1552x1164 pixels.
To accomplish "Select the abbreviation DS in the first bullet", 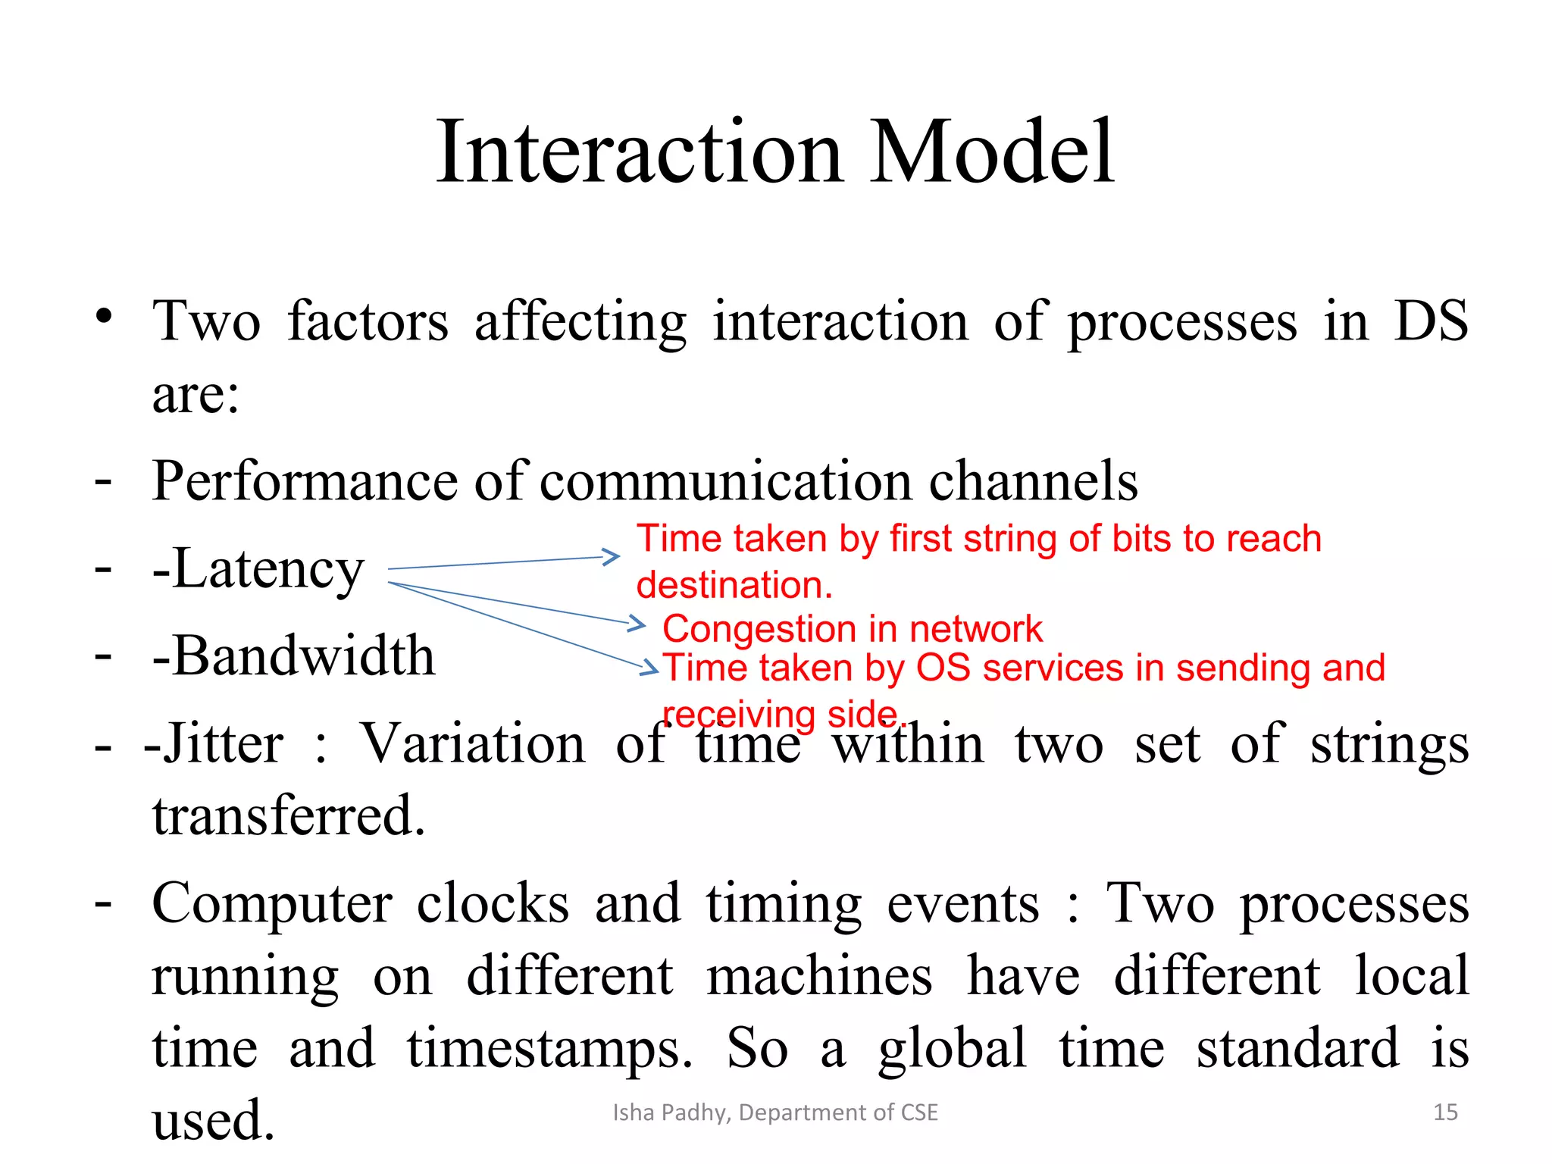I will point(1431,321).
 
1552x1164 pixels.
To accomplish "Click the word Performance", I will point(305,482).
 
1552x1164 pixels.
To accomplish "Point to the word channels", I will point(1033,482).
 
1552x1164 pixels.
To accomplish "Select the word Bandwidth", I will point(304,656).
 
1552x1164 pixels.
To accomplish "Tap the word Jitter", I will point(224,744).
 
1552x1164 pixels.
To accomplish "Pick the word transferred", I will point(289,816).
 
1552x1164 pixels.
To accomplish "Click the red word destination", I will point(734,586).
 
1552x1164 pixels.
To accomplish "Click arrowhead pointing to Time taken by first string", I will point(612,557).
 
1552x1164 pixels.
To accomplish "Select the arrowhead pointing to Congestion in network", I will point(637,624).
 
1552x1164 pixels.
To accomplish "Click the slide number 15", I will point(1445,1112).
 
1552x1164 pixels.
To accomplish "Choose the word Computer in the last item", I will point(272,905).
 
